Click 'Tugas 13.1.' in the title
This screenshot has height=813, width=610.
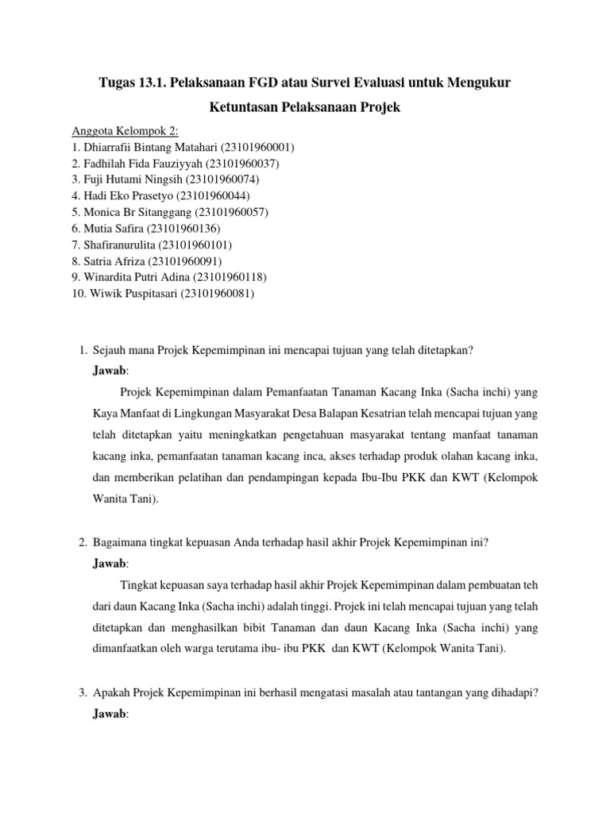[128, 83]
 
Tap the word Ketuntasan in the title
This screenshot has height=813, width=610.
[247, 106]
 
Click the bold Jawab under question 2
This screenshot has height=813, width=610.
[109, 564]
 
